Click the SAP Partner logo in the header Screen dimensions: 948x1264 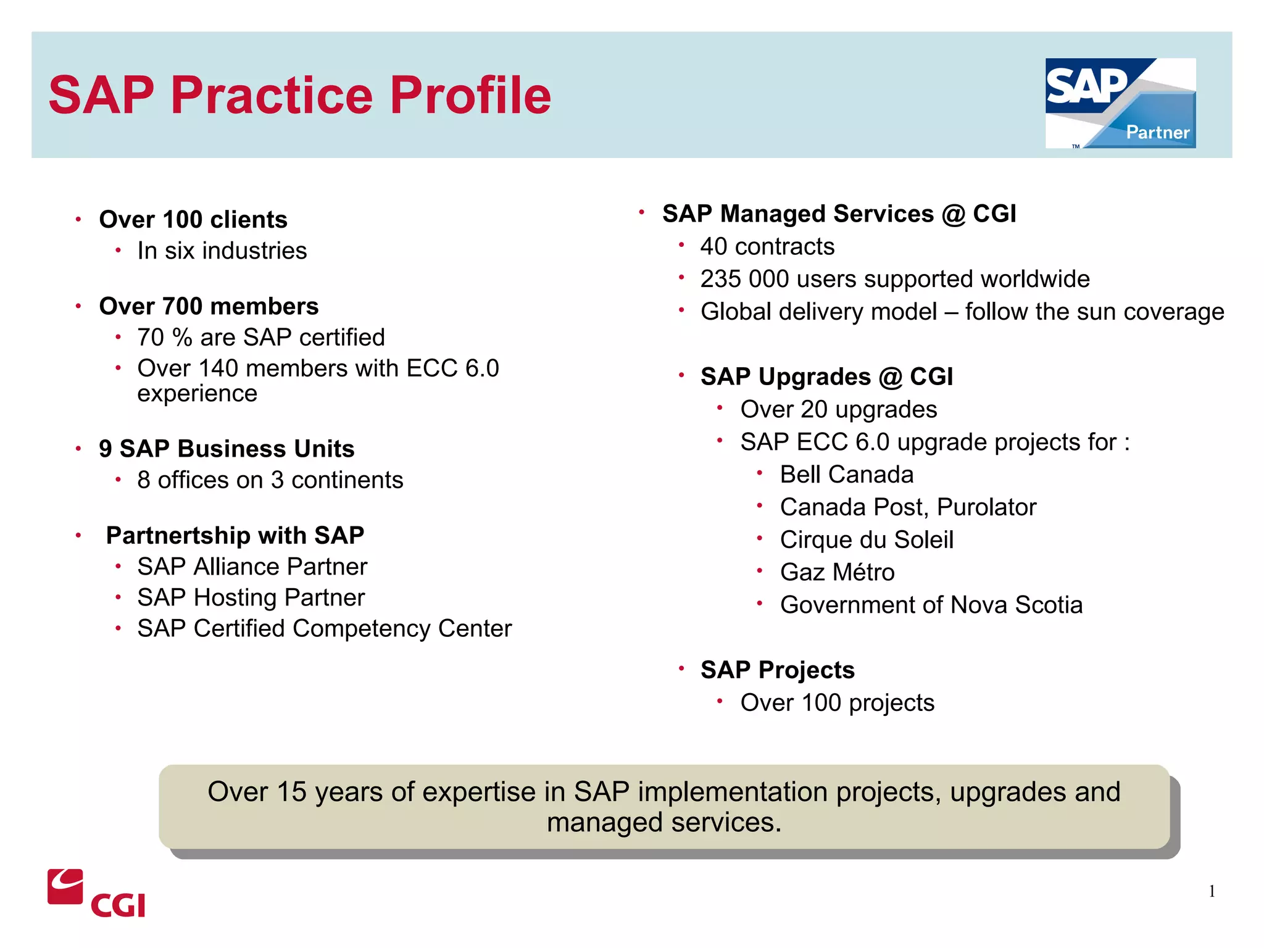[1120, 103]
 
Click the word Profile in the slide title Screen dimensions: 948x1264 [470, 96]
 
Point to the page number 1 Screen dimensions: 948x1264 [1212, 891]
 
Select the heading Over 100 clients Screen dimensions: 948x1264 [193, 220]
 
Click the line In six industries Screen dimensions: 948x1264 [222, 251]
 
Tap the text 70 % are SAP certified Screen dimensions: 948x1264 [260, 338]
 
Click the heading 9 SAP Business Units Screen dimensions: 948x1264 [227, 449]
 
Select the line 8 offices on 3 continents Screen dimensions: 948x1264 [270, 480]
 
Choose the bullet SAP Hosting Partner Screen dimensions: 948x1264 [251, 597]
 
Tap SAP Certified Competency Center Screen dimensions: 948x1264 [324, 629]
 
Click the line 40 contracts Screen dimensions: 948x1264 [767, 247]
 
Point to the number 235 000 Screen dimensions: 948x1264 [744, 280]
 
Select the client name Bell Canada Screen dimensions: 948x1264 [846, 475]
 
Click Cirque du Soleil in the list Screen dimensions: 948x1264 [867, 540]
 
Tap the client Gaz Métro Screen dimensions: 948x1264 [837, 573]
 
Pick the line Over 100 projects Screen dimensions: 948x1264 [837, 703]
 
